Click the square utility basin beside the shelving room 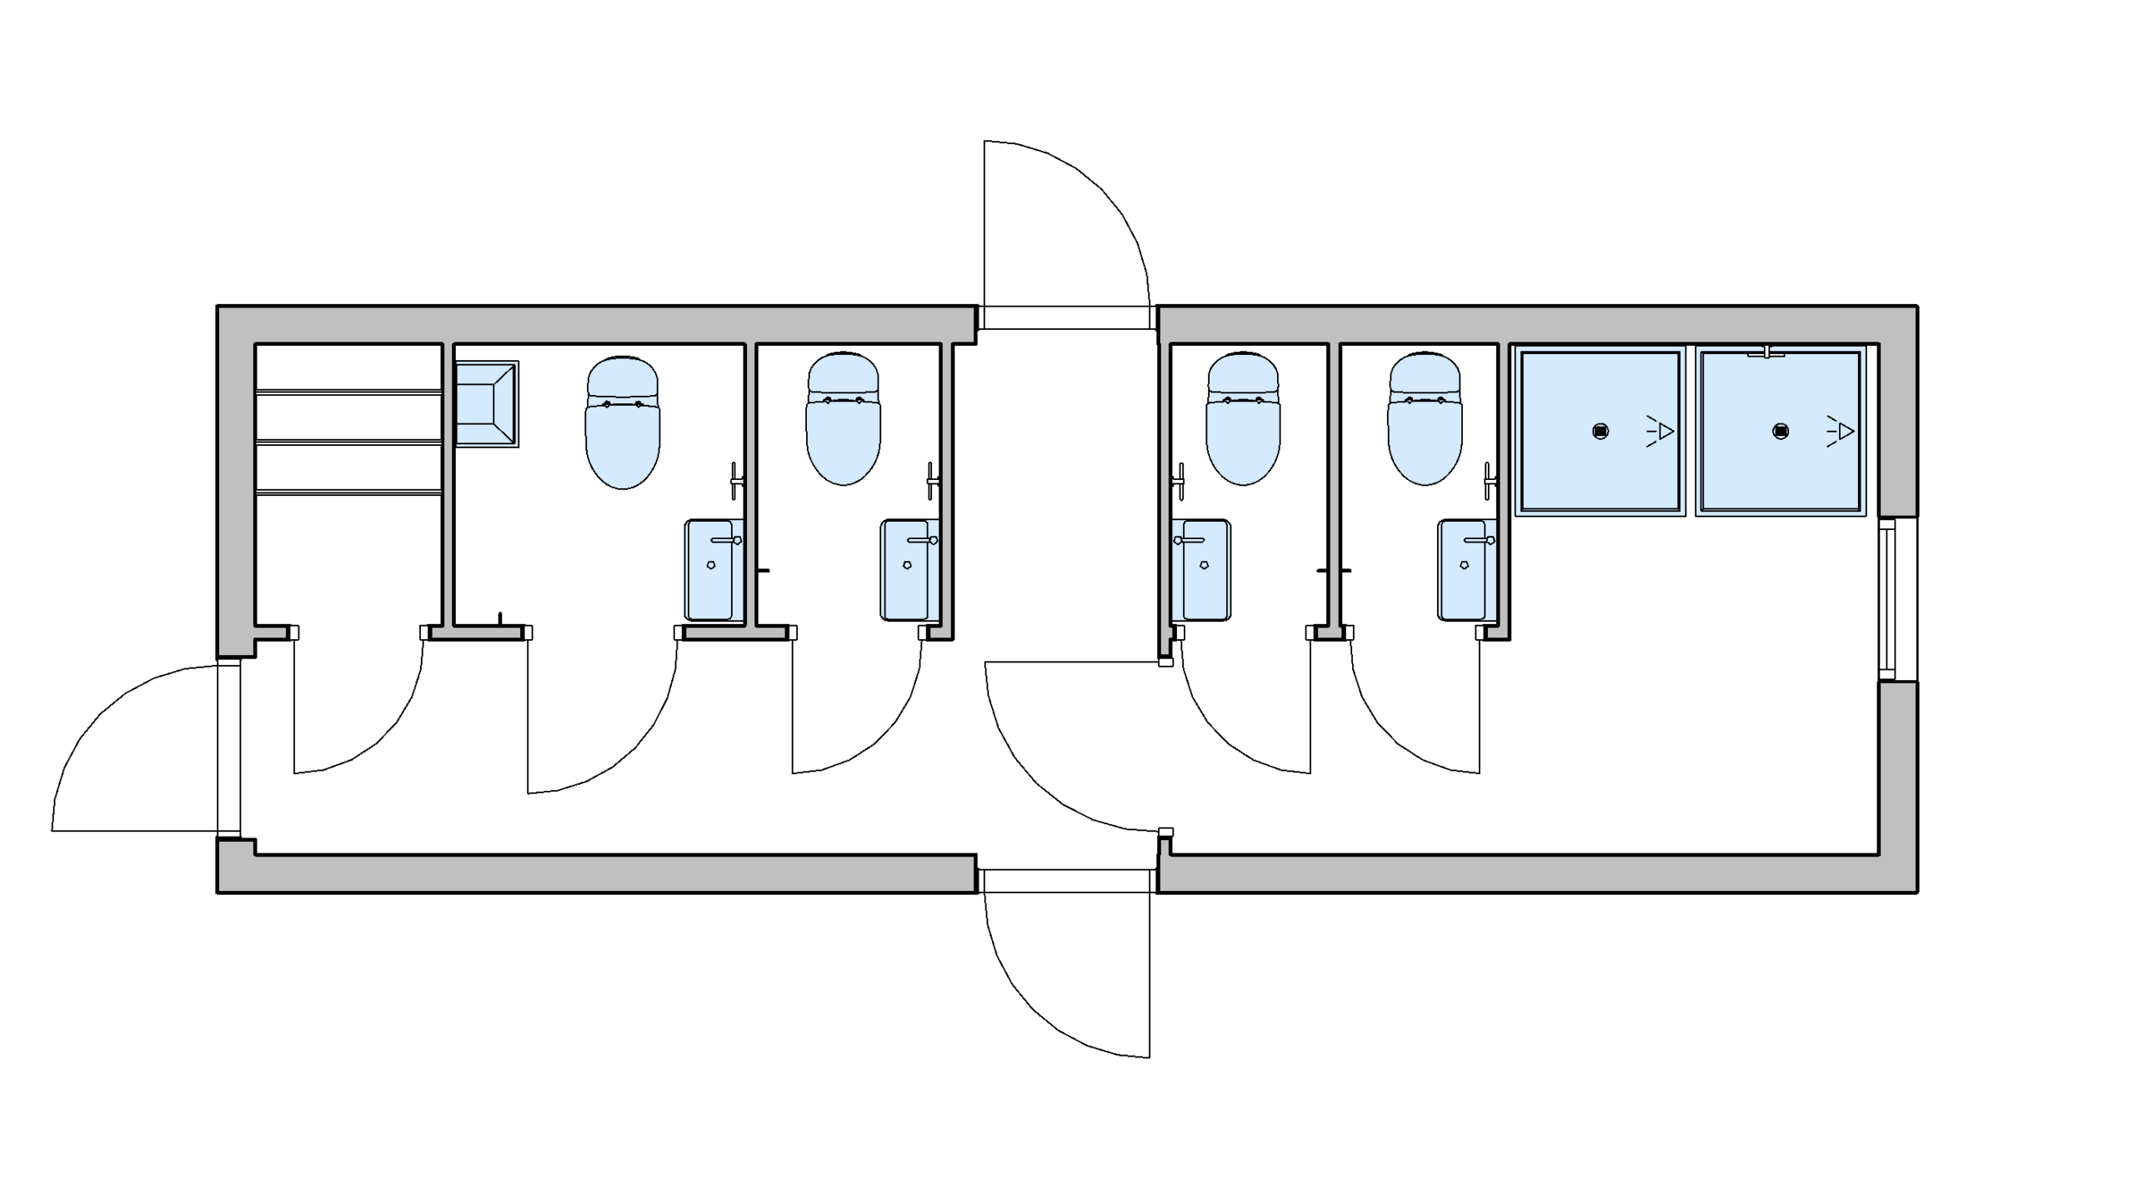click(x=487, y=404)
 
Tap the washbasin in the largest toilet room click(x=714, y=570)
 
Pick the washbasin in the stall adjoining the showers click(x=1465, y=570)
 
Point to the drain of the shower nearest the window click(x=1781, y=432)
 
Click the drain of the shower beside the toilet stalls click(x=1600, y=432)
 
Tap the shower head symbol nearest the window click(x=1841, y=432)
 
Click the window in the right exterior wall click(x=1888, y=599)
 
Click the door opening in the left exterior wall click(x=228, y=747)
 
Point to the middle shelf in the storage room click(x=348, y=442)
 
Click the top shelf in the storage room click(x=348, y=391)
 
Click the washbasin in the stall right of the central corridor click(x=1201, y=570)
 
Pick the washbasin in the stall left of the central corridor click(x=909, y=570)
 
